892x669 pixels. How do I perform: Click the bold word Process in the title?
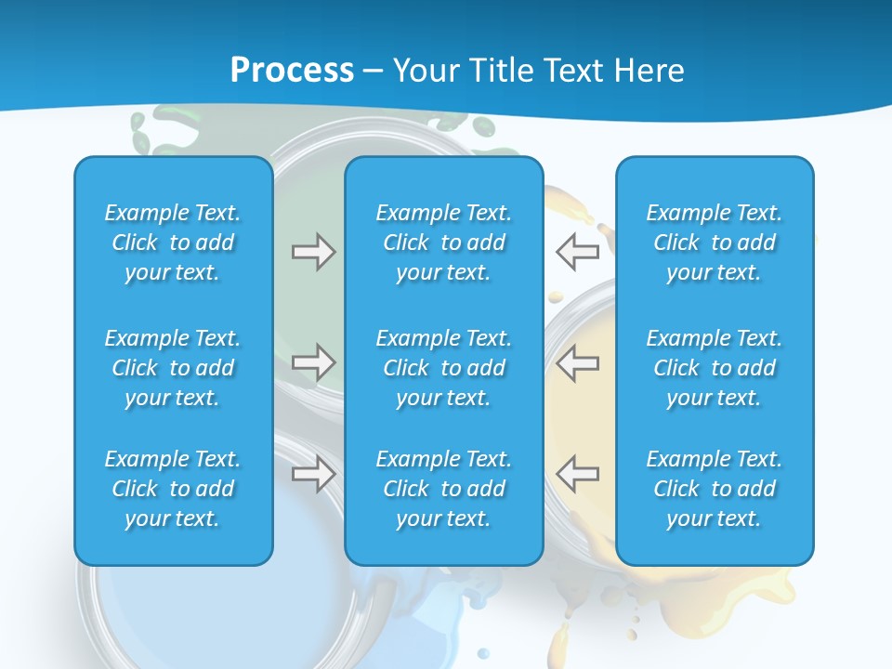pyautogui.click(x=292, y=71)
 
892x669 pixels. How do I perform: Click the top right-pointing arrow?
pyautogui.click(x=314, y=252)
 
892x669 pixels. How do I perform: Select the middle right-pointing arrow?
pyautogui.click(x=314, y=361)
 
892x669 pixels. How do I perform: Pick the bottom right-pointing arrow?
pyautogui.click(x=314, y=474)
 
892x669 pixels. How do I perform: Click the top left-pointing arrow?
pyautogui.click(x=577, y=252)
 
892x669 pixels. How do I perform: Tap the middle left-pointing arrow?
pyautogui.click(x=577, y=361)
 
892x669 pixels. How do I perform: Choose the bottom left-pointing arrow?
pyautogui.click(x=577, y=474)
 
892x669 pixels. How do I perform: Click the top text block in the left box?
pyautogui.click(x=173, y=243)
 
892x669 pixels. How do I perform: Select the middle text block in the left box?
pyautogui.click(x=173, y=368)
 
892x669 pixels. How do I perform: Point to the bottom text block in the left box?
pyautogui.click(x=173, y=489)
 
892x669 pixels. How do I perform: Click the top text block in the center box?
pyautogui.click(x=444, y=243)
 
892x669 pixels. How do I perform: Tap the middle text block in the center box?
pyautogui.click(x=444, y=368)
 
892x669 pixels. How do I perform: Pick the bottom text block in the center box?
pyautogui.click(x=444, y=489)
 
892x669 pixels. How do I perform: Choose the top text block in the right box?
pyautogui.click(x=715, y=243)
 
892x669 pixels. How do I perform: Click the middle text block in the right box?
pyautogui.click(x=715, y=368)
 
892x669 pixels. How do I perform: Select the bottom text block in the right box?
pyautogui.click(x=715, y=489)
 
